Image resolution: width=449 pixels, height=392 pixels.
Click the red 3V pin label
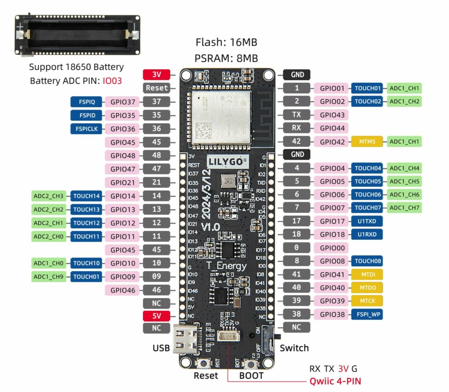156,74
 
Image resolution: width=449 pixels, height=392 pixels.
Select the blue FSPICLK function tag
86,129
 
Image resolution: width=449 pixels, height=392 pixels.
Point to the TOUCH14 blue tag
87,196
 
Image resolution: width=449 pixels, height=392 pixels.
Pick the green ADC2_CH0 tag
49,237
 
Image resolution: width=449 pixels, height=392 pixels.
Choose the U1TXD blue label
367,221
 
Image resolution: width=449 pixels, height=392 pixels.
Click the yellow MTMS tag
367,141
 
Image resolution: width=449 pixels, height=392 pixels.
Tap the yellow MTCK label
367,300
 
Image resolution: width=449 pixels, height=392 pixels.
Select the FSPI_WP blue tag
367,314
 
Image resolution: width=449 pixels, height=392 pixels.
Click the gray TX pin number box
296,115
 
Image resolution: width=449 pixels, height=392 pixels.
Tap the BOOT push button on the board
251,364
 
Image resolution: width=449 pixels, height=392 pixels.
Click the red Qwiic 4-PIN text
335,381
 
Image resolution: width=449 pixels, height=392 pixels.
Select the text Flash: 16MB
226,42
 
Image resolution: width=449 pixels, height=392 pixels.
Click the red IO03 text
112,81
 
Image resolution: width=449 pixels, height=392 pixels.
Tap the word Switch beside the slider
294,348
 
